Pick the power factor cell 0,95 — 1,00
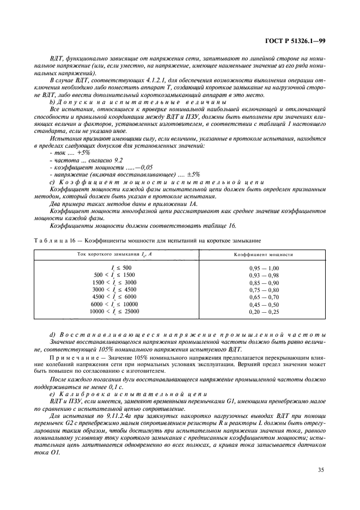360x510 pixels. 264,268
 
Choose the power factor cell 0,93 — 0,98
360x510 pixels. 264,275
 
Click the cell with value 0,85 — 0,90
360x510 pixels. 264,283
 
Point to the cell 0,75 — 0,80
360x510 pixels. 264,290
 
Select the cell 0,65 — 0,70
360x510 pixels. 264,297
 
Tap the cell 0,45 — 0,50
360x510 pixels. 264,305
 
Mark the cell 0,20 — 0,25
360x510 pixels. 264,312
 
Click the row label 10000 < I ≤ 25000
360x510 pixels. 114,312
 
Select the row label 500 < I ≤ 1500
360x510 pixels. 115,275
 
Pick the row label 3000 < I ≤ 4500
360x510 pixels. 115,290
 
